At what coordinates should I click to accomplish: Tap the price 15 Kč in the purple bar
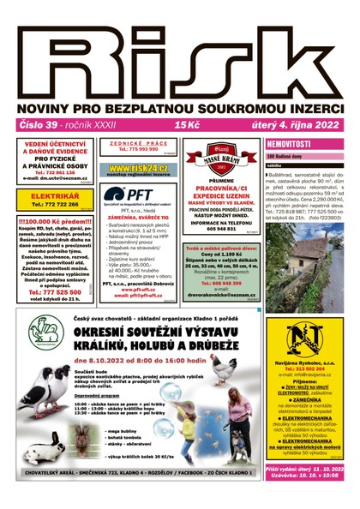[186, 124]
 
